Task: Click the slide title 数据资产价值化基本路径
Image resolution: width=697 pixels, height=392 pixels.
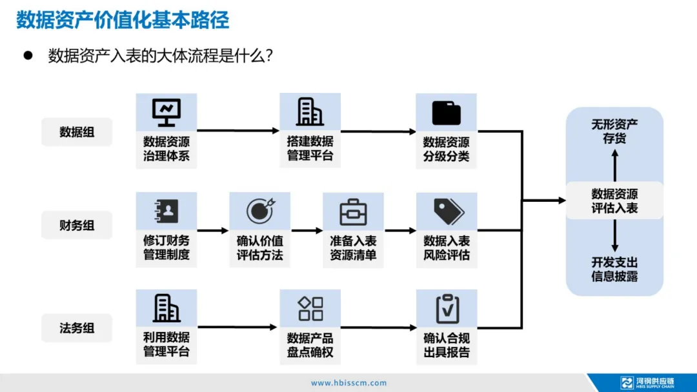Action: coord(123,19)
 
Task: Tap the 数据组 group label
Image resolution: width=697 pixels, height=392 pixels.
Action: coord(77,132)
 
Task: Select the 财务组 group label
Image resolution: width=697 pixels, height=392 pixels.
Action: coord(77,225)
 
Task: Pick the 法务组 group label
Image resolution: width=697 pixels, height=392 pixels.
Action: coord(77,328)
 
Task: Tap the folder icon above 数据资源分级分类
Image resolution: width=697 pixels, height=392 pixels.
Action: coord(446,113)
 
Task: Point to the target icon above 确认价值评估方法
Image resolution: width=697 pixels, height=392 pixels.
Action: coord(259,211)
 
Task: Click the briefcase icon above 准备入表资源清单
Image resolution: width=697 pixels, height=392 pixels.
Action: coord(353,211)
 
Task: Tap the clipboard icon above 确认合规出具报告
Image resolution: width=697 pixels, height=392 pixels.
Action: coord(447,308)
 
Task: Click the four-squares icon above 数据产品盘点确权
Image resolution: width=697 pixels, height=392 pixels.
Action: coord(310,308)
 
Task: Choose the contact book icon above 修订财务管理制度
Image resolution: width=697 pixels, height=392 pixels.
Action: coord(166,211)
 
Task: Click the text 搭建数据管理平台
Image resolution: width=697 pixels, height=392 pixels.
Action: coord(310,148)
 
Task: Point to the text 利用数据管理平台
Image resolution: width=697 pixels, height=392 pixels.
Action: coord(167,344)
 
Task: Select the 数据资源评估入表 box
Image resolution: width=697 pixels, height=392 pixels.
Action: coord(614,201)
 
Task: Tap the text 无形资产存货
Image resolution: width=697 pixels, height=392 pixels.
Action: coord(614,131)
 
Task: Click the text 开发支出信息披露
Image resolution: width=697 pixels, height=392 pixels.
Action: coord(614,269)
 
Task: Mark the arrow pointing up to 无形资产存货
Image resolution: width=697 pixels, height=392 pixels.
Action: coord(614,164)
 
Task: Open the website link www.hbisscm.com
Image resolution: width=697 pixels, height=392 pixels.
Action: coord(348,383)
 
